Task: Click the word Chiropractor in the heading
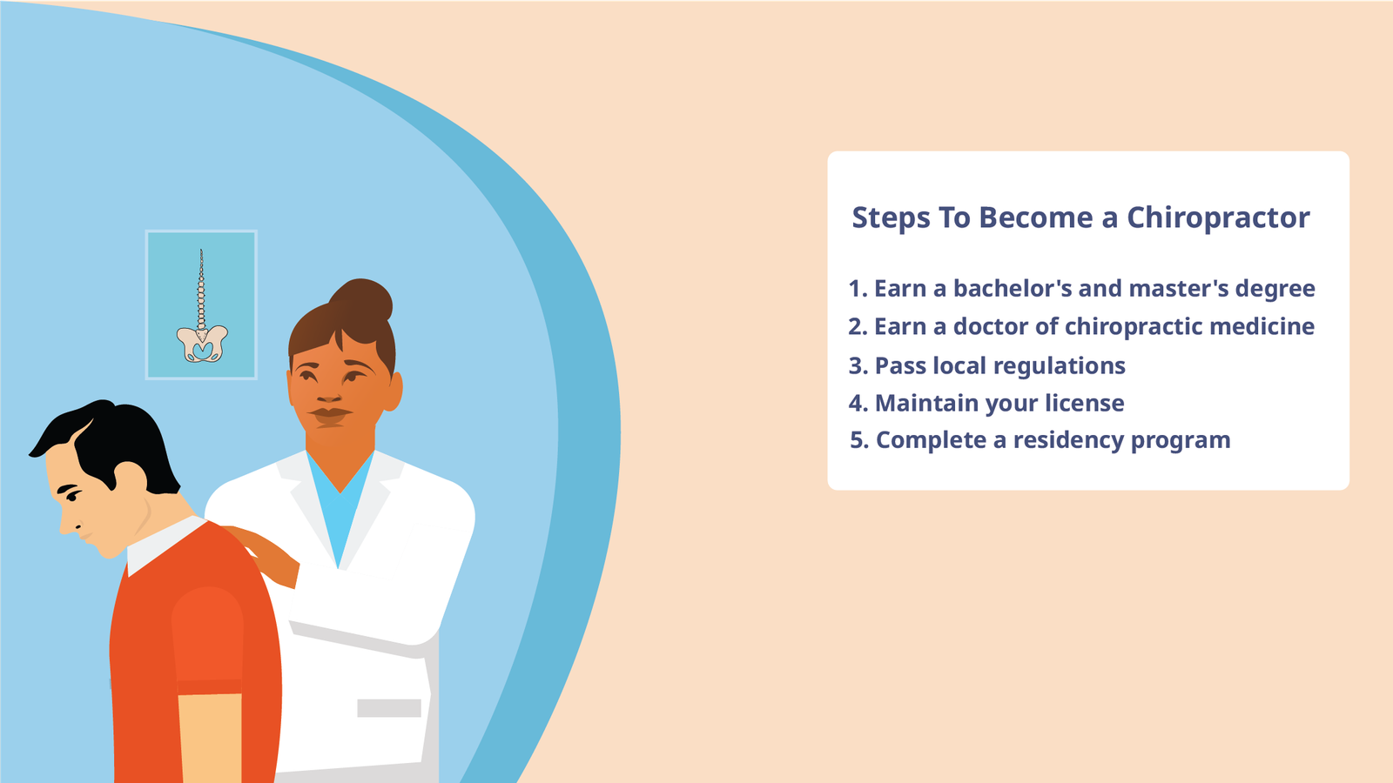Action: click(1218, 217)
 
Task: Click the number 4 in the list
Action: click(856, 404)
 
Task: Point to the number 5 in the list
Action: click(858, 441)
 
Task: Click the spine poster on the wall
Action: click(201, 304)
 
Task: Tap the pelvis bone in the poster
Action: click(202, 344)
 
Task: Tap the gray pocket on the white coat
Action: click(388, 708)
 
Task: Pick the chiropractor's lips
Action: click(330, 414)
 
